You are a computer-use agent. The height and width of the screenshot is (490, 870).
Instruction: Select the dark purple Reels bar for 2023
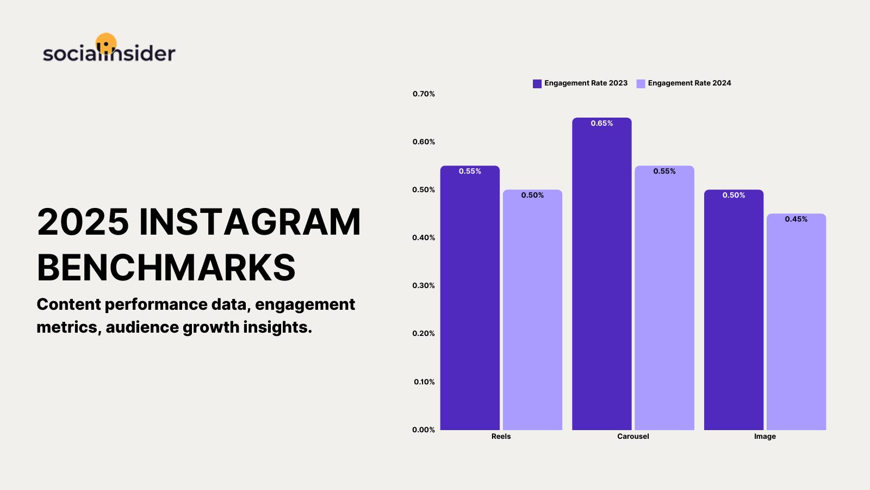(470, 298)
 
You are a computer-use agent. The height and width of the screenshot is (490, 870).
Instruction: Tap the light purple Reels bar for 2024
(532, 310)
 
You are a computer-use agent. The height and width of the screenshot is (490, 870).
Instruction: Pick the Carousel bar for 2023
(602, 274)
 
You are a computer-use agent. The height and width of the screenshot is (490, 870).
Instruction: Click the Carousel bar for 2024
(664, 298)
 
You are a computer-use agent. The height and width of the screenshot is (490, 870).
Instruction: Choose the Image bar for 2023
(734, 310)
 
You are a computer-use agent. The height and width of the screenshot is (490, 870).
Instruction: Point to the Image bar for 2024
(796, 322)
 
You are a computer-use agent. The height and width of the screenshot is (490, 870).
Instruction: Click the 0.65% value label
(602, 123)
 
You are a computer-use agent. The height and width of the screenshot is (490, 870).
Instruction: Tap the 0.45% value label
(796, 219)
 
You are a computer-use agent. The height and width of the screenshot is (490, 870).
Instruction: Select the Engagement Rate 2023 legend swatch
(537, 84)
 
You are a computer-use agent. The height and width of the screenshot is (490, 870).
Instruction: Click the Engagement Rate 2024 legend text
(689, 83)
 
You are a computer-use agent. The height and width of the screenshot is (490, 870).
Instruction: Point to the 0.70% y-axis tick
(424, 94)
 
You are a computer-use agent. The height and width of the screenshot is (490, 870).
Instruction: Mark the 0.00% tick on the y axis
(424, 430)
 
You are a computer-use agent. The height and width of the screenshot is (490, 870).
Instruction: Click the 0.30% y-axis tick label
(424, 285)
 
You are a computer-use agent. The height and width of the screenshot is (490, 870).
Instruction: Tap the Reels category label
(501, 436)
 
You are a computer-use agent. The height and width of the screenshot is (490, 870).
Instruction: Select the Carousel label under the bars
(633, 436)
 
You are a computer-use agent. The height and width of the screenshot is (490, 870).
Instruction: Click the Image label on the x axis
(765, 437)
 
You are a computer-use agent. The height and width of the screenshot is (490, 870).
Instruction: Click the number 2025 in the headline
(83, 222)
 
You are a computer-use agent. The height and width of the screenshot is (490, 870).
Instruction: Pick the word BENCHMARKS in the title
(166, 267)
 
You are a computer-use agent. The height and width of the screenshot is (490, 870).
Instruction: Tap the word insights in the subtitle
(278, 327)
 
